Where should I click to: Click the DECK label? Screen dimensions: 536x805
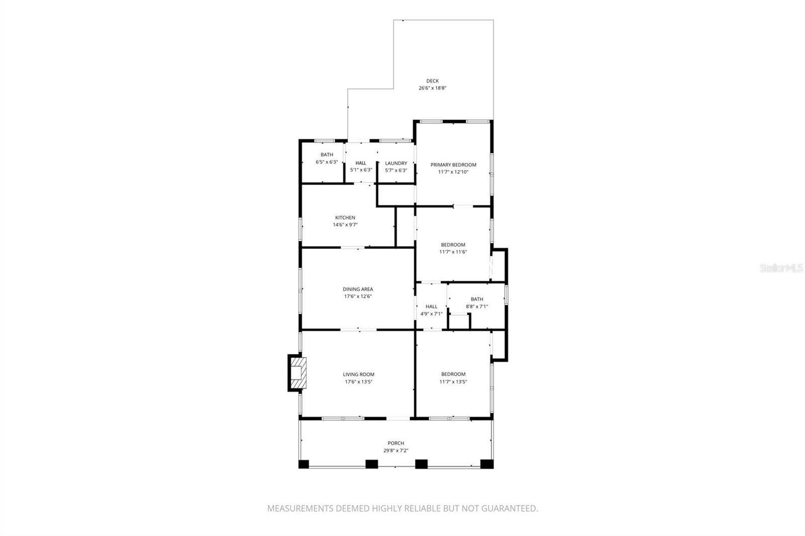[432, 81]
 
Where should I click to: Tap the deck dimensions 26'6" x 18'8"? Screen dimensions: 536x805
[432, 88]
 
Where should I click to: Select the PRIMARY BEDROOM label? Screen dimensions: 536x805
[453, 165]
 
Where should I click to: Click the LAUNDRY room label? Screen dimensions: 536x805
[396, 163]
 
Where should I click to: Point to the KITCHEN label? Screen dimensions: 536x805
[345, 218]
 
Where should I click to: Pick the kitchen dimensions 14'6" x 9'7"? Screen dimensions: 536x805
[345, 225]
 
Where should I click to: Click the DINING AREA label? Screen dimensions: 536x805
[358, 289]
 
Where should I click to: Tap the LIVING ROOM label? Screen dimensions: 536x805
[358, 374]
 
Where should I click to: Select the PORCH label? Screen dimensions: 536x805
[395, 443]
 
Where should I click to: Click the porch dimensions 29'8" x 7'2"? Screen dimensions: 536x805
[395, 451]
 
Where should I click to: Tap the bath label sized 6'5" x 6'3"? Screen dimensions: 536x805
[327, 155]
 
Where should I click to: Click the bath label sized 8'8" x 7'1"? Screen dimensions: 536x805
[476, 299]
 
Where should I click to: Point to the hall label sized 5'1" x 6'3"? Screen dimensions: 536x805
[361, 163]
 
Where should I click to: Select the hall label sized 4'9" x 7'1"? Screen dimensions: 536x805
[431, 306]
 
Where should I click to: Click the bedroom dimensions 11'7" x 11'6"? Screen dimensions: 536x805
[453, 252]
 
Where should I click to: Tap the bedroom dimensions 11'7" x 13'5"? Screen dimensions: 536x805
[453, 382]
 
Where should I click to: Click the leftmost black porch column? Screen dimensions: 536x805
[303, 464]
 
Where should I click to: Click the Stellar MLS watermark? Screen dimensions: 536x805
[781, 269]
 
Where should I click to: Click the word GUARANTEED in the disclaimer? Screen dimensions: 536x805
[509, 508]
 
